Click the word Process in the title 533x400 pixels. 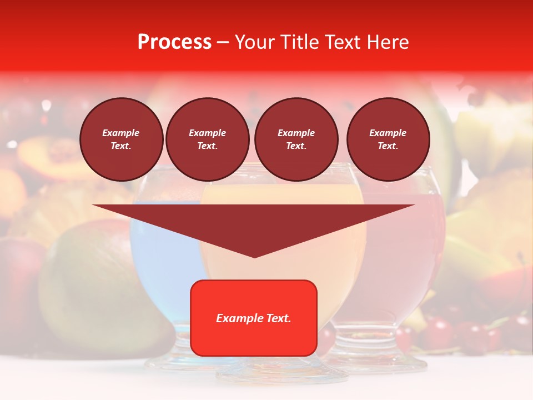coord(174,42)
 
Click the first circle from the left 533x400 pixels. coord(122,139)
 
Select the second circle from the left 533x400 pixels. coord(208,139)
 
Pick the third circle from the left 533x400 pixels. coord(296,139)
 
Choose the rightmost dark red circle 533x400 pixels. coord(388,139)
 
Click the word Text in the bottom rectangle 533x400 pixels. coord(278,318)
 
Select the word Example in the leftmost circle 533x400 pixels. coord(121,133)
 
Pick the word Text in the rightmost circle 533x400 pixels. coord(387,146)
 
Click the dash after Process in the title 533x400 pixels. coord(223,42)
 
